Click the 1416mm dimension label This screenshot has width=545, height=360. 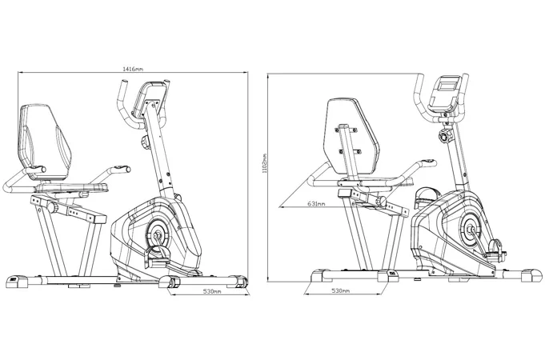[133, 69]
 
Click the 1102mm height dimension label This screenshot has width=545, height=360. [265, 163]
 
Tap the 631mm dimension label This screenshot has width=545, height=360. [316, 204]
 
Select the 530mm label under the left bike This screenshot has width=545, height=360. [212, 291]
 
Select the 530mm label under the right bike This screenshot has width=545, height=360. [341, 290]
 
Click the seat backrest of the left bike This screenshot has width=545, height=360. [45, 142]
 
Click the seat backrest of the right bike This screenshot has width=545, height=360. [351, 139]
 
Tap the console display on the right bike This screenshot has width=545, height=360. [447, 85]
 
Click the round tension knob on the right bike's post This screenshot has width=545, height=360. [445, 135]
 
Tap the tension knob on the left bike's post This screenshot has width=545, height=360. [145, 142]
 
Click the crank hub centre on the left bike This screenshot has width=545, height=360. [156, 232]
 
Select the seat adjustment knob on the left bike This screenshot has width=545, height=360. [54, 208]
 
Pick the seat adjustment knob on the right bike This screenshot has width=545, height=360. [382, 201]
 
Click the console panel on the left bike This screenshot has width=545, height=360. [150, 99]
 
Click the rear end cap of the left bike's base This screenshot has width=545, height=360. [17, 281]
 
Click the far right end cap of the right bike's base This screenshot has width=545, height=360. [531, 275]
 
